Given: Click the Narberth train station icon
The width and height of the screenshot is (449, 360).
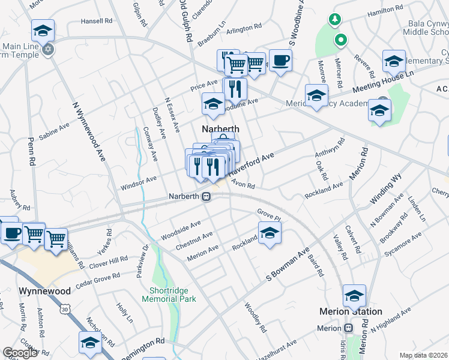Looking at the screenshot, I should [x=206, y=196].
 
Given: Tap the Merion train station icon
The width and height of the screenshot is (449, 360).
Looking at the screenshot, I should [x=348, y=328].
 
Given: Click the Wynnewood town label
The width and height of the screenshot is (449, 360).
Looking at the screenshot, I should [x=45, y=291].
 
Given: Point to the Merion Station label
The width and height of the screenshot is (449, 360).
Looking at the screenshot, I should [x=351, y=311].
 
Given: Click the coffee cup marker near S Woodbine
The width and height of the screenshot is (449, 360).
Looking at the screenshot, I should [x=280, y=61].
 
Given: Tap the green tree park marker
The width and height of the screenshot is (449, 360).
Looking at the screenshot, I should [x=334, y=19].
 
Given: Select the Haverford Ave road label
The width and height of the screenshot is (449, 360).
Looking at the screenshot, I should [x=252, y=163].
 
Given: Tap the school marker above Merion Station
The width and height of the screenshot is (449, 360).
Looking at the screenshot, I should [x=354, y=295].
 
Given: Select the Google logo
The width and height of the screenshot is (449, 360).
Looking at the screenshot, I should [x=20, y=353].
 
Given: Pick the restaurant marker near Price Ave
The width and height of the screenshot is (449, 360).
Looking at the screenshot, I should [x=235, y=89].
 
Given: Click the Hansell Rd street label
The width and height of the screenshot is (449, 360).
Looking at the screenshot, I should [x=97, y=20].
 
